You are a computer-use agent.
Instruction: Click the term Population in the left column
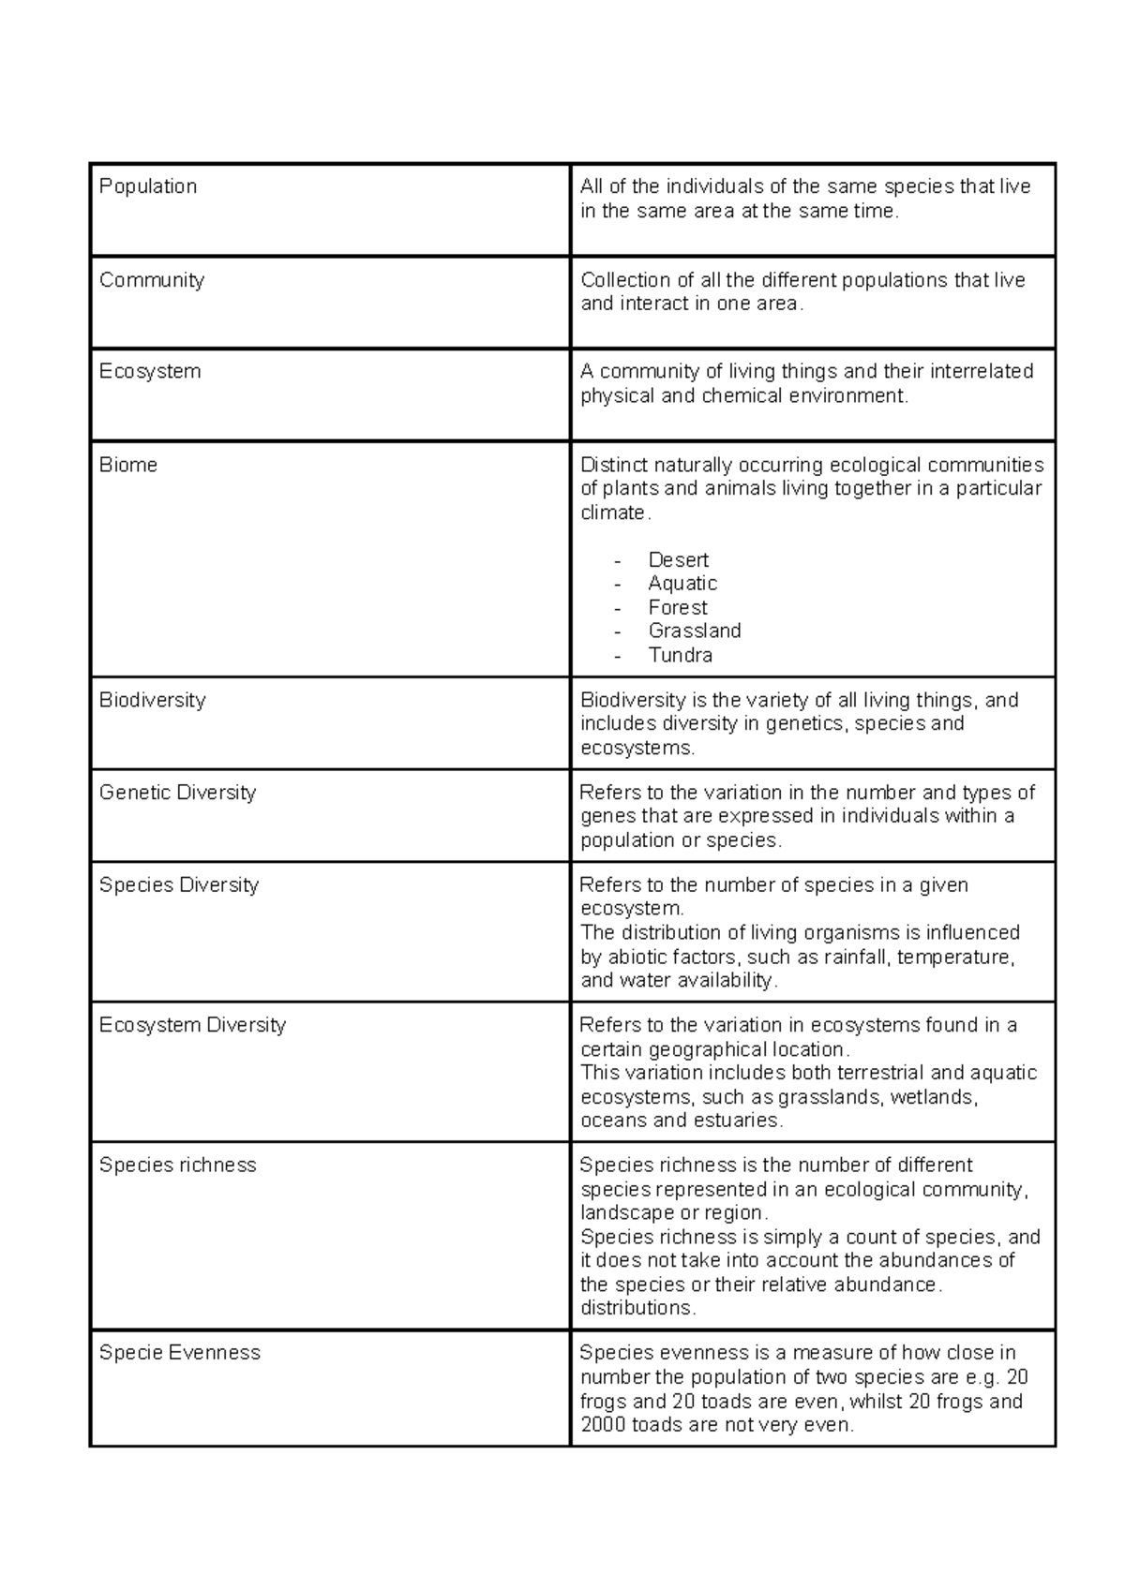click(148, 186)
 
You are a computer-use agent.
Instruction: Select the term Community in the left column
click(152, 280)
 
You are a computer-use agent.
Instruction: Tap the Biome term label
click(128, 465)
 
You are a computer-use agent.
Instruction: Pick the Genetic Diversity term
click(177, 793)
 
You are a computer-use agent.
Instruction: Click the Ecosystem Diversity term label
click(192, 1025)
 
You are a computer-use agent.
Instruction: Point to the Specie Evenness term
click(180, 1353)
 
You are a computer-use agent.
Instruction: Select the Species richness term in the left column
click(177, 1166)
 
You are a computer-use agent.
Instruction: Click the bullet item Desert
click(678, 560)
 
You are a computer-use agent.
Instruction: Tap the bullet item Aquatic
click(682, 584)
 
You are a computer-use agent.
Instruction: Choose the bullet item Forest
click(678, 607)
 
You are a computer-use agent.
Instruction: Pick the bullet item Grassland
click(695, 631)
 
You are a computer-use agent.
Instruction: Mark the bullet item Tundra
click(681, 655)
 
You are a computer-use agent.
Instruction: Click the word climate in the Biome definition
click(612, 512)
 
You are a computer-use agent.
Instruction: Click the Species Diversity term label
click(179, 885)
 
